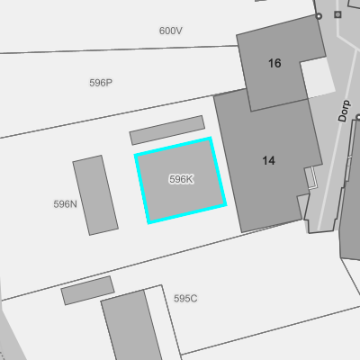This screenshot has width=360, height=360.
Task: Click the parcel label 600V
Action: point(171,31)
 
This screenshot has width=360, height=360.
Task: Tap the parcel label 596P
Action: point(101,83)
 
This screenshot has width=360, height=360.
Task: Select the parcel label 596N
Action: point(65,204)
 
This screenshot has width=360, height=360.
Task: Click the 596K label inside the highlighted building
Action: point(181,179)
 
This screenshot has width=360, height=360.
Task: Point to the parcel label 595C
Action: point(185,299)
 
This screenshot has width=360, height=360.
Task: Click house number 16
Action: point(274,63)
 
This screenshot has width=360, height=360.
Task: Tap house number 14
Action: point(268,161)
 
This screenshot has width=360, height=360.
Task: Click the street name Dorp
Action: point(344,111)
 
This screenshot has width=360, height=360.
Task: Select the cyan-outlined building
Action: point(181,180)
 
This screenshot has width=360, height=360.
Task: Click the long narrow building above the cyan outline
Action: point(167,130)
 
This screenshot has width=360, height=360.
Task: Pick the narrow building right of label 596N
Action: point(95,195)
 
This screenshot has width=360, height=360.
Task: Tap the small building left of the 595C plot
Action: point(87,291)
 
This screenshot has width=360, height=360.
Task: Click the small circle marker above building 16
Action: point(319,16)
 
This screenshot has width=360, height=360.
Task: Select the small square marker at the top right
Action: point(337,14)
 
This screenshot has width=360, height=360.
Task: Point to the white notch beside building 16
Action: point(318,78)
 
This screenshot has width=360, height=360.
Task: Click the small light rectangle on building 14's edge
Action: point(310,177)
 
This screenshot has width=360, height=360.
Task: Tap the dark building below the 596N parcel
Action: point(132,326)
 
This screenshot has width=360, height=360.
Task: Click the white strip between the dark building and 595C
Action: point(163,322)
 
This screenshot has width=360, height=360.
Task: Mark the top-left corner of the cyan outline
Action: point(135,155)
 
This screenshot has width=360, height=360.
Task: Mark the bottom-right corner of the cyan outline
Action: point(225,205)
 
